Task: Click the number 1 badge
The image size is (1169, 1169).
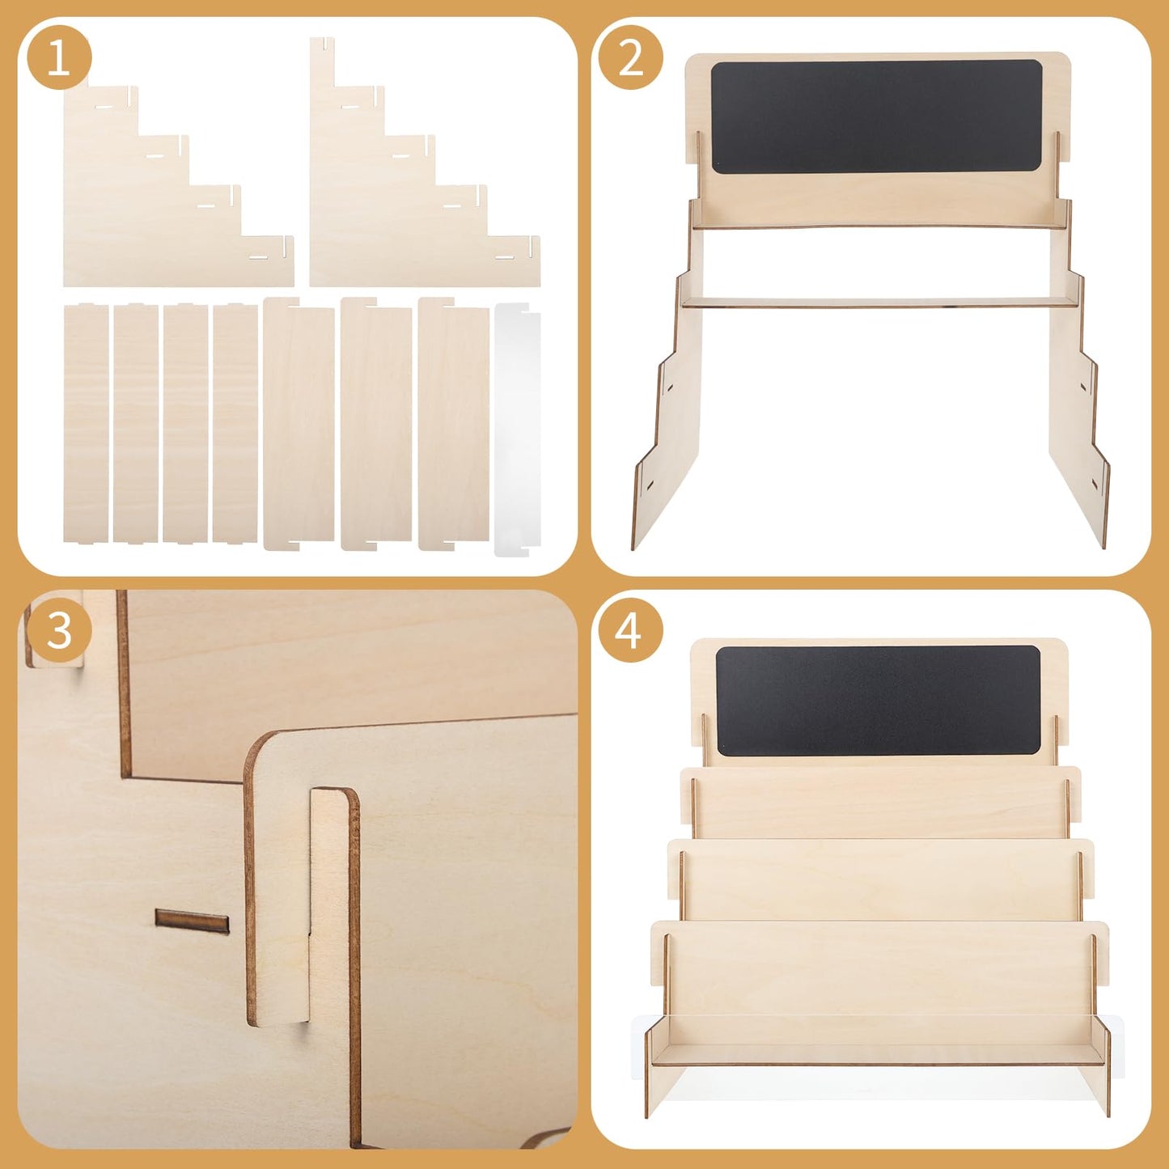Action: [x=59, y=59]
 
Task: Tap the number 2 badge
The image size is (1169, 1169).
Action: [x=631, y=59]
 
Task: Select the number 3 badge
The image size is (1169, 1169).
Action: [x=59, y=632]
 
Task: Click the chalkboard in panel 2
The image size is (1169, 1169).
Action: [x=877, y=116]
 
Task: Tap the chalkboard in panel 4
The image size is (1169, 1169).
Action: [x=878, y=701]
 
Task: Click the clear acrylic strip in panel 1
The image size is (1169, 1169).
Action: [x=517, y=429]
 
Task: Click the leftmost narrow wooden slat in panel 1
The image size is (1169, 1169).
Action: [x=86, y=423]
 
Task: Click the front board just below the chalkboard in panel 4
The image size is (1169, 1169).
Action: [x=879, y=802]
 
